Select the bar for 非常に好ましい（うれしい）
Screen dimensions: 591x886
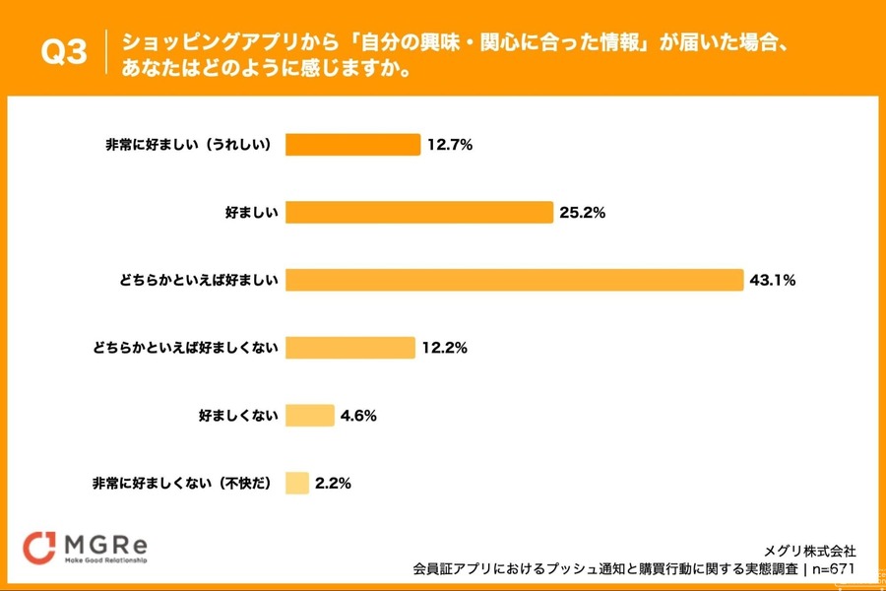(x=352, y=145)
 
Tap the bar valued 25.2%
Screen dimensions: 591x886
(x=419, y=213)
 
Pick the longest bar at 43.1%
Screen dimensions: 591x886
(x=514, y=280)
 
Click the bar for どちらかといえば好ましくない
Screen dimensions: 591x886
(x=350, y=348)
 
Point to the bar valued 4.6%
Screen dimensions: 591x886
(x=310, y=416)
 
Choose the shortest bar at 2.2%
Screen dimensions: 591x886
(x=297, y=483)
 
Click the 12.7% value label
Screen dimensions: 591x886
(x=450, y=145)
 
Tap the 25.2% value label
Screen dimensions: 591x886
(x=582, y=213)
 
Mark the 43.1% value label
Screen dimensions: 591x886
(x=772, y=281)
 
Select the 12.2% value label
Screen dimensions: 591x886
(x=444, y=348)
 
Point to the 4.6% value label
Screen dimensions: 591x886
(x=358, y=416)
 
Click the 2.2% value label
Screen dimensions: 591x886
(x=334, y=484)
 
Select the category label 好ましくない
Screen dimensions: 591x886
(x=239, y=416)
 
